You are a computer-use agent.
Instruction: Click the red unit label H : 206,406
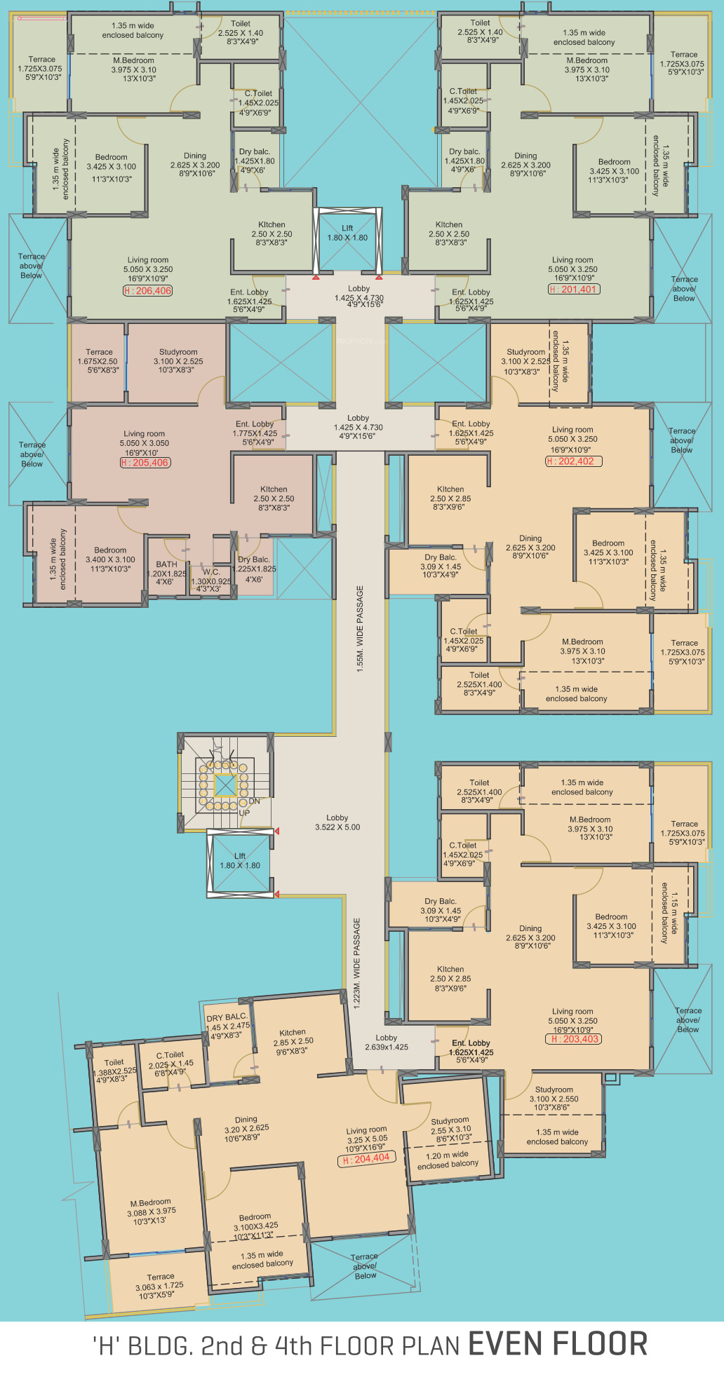tap(148, 291)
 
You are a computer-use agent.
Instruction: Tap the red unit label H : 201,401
tap(574, 289)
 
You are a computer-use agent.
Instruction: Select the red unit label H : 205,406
tap(145, 463)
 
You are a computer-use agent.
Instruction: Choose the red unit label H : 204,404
tap(366, 1159)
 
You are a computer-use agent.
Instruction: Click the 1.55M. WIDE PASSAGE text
tap(361, 629)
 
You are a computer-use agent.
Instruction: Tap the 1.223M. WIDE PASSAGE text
tap(357, 963)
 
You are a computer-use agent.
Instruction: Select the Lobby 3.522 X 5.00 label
tap(337, 822)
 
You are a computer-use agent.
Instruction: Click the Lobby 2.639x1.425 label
tap(386, 1043)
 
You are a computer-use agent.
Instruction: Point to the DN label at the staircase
tap(254, 801)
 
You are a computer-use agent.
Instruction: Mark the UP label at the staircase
tap(244, 813)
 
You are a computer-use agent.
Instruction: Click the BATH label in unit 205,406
tap(167, 564)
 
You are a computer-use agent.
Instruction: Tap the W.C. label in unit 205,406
tap(211, 572)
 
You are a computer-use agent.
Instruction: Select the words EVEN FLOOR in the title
tap(558, 1344)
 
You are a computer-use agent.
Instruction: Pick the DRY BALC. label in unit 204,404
tap(227, 1017)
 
